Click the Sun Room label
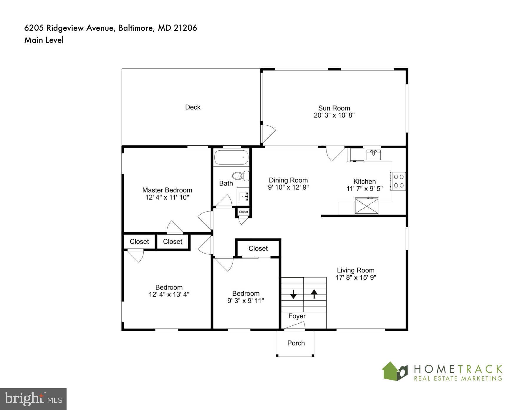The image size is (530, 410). coord(334,108)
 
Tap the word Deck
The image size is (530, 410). coord(193,107)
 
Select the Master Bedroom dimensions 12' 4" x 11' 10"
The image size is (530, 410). coord(167,197)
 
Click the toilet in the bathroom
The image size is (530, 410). coord(241,176)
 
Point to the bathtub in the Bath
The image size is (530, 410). coord(231,157)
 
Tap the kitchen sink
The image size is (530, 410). coord(373,154)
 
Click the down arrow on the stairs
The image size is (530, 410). coord(293,294)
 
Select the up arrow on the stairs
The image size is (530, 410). coord(314,293)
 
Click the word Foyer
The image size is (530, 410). coord(297,316)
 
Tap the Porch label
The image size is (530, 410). coord(296,343)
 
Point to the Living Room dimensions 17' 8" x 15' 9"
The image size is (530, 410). coord(356,277)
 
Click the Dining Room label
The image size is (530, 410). coord(288,180)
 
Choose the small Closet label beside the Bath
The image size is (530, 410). coord(244,212)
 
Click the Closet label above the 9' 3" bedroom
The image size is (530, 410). coord(258,248)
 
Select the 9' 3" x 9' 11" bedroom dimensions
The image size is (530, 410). coord(246,301)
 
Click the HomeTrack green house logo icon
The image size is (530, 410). coord(394,371)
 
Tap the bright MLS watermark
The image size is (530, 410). coord(33,399)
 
